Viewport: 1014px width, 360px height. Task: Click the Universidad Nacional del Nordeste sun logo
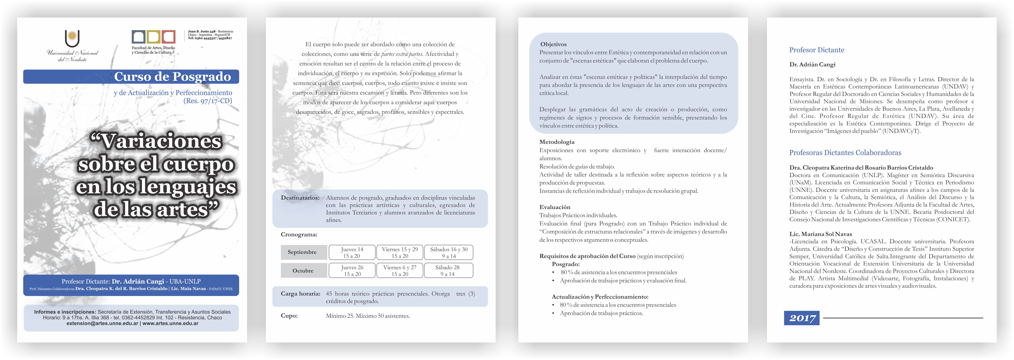coord(72,39)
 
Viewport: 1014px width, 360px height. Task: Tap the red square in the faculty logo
coord(168,37)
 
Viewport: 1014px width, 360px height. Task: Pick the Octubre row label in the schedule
coord(303,271)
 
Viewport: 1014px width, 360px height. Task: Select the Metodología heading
coord(557,142)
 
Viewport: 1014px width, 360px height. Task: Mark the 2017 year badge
coord(802,318)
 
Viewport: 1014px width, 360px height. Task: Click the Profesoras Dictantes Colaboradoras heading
coord(845,153)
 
